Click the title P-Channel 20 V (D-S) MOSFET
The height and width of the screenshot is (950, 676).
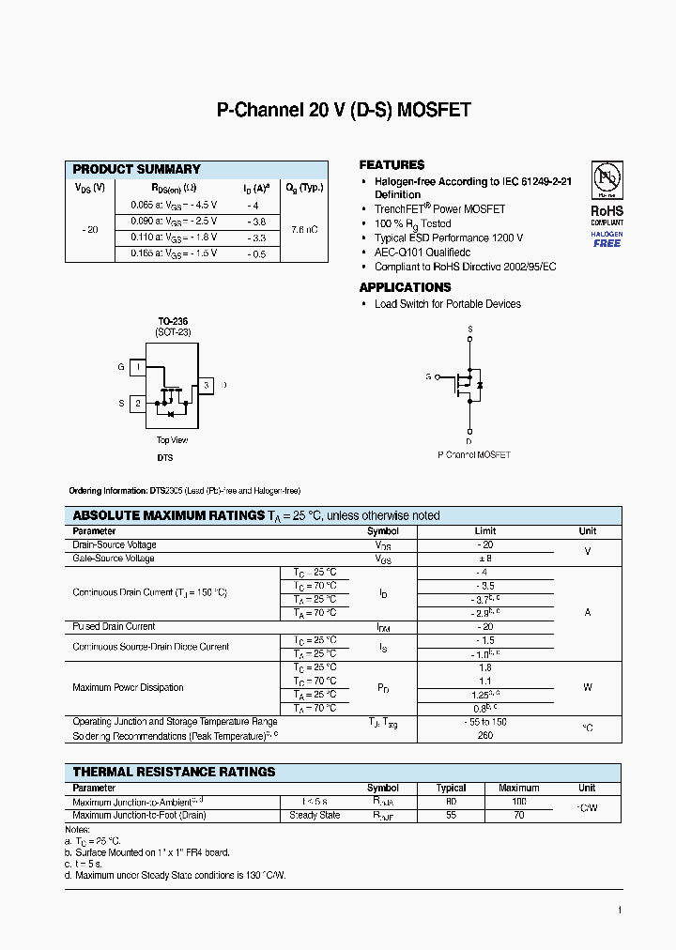point(344,111)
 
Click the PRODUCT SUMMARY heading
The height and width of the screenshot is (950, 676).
point(137,169)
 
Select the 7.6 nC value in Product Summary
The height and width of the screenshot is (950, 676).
point(304,229)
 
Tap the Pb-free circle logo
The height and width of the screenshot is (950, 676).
point(607,179)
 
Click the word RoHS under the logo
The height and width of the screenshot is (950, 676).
point(607,211)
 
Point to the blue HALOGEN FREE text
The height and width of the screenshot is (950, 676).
point(607,238)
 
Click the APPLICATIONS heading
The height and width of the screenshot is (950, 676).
point(405,287)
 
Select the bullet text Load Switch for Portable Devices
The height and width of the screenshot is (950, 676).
point(447,304)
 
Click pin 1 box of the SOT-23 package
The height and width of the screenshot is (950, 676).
point(137,368)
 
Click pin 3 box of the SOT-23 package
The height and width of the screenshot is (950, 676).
point(206,385)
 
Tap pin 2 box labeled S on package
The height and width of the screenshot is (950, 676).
point(137,404)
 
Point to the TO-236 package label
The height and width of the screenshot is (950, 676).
point(172,321)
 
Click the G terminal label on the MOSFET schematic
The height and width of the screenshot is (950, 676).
point(428,376)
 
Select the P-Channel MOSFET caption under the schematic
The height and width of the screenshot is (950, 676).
point(474,454)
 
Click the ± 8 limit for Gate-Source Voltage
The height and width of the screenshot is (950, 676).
point(484,559)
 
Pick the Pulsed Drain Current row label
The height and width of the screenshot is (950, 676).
point(114,626)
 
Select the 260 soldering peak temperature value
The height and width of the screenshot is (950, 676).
point(484,736)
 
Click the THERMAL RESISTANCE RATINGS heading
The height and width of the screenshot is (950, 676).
point(175,772)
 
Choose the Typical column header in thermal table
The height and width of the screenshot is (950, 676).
point(451,789)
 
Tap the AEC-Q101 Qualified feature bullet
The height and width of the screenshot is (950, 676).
point(422,253)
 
